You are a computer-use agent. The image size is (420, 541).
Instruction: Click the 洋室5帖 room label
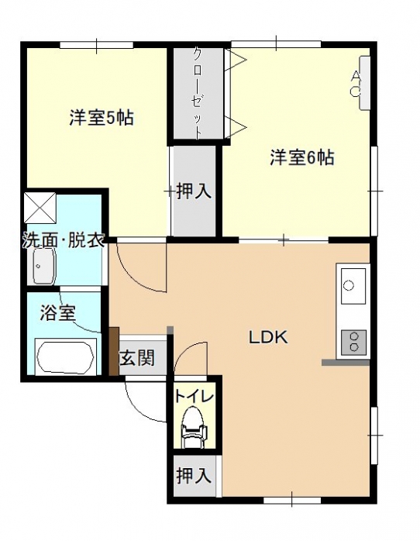click(x=102, y=118)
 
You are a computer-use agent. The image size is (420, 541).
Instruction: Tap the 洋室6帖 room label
click(x=302, y=157)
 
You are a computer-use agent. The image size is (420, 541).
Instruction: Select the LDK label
click(x=268, y=337)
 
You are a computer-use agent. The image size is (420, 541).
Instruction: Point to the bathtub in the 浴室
click(x=65, y=357)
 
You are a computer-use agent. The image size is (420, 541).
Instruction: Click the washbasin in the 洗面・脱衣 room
click(x=44, y=266)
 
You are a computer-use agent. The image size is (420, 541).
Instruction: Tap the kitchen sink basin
click(x=353, y=286)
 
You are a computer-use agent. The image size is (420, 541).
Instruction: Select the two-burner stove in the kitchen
click(x=353, y=343)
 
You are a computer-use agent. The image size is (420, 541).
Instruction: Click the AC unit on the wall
click(x=364, y=83)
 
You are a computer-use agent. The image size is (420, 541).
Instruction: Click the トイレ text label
click(x=195, y=396)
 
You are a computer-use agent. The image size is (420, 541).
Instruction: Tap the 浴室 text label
click(x=57, y=312)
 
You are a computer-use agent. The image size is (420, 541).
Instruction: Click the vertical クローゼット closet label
click(x=197, y=93)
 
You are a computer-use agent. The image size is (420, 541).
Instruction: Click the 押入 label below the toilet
click(x=194, y=475)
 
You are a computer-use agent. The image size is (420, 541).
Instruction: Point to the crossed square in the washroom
click(x=40, y=208)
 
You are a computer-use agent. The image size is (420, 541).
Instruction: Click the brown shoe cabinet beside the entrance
click(x=114, y=351)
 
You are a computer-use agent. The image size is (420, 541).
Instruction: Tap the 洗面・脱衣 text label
click(x=64, y=240)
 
